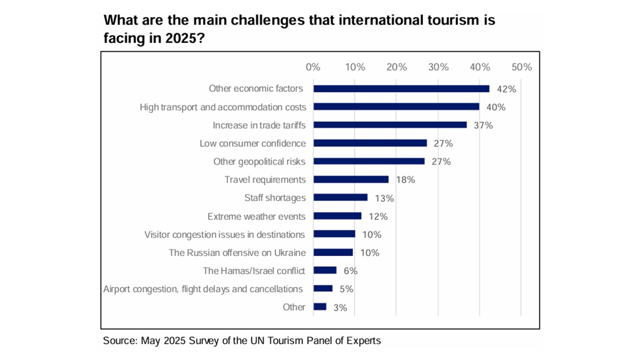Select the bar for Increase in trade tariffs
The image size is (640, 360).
click(390, 125)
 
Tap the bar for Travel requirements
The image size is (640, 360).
click(350, 179)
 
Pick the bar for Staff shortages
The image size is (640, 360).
click(340, 197)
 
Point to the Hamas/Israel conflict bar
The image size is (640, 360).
click(324, 270)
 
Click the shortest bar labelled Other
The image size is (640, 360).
click(319, 307)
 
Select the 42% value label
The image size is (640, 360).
click(506, 89)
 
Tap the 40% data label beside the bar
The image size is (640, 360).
click(496, 107)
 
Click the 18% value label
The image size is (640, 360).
click(405, 180)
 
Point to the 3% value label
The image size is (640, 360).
click(340, 307)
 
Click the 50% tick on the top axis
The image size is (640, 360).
click(521, 67)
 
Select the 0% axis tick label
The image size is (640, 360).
click(312, 67)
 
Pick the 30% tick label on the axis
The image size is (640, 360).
click(438, 67)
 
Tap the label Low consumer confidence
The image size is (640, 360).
click(252, 143)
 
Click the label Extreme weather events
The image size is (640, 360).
click(256, 216)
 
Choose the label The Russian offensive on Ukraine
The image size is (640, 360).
click(237, 253)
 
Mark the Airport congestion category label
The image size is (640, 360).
click(202, 289)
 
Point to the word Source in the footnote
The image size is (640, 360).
click(119, 341)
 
